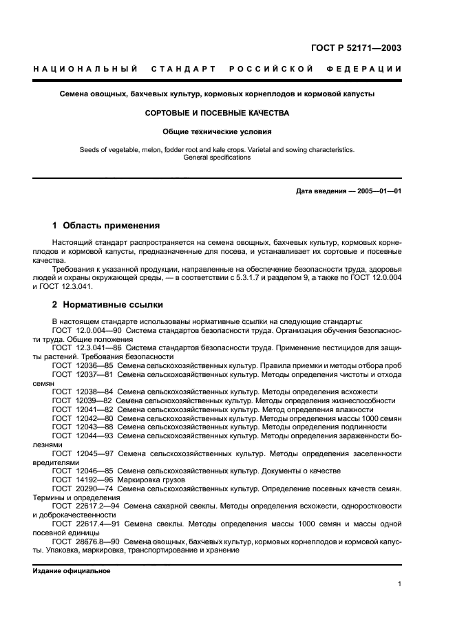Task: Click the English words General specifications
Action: (x=217, y=157)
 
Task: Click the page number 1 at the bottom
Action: (x=399, y=585)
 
